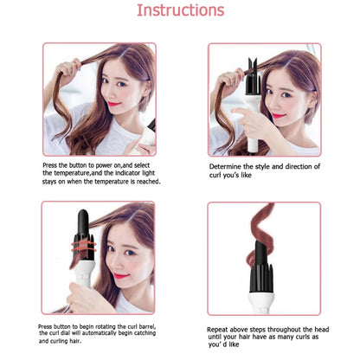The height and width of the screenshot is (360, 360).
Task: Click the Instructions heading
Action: [x=180, y=11]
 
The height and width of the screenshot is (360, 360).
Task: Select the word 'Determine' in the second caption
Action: [x=228, y=166]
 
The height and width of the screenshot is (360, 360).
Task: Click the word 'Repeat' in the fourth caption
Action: [x=222, y=331]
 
